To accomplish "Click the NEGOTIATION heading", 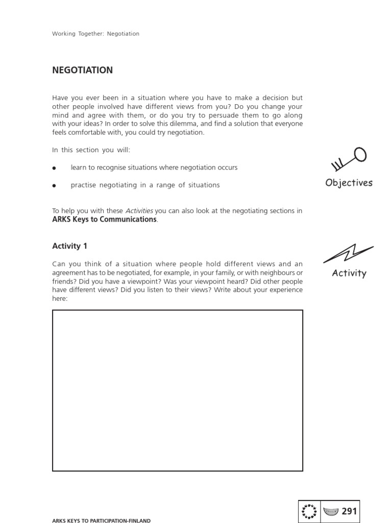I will point(82,70).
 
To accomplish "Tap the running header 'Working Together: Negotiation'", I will point(95,34).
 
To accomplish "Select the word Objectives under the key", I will point(349,183).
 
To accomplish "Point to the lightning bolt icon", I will point(348,253).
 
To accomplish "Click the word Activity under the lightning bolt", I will point(349,273).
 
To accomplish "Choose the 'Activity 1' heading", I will point(70,246).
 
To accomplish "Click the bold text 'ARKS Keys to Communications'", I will point(104,219).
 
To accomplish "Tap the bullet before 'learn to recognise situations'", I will point(54,168).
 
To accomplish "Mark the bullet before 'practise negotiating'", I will point(54,185).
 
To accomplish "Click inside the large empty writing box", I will point(177,390).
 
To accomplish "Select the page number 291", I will point(349,511).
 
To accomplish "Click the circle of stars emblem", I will point(309,511).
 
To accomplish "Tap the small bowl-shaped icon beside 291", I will point(331,511).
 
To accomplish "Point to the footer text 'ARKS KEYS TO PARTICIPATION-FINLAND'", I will point(101,520).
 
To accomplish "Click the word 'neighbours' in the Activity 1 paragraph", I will point(276,273).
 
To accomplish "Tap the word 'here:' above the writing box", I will point(60,298).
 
